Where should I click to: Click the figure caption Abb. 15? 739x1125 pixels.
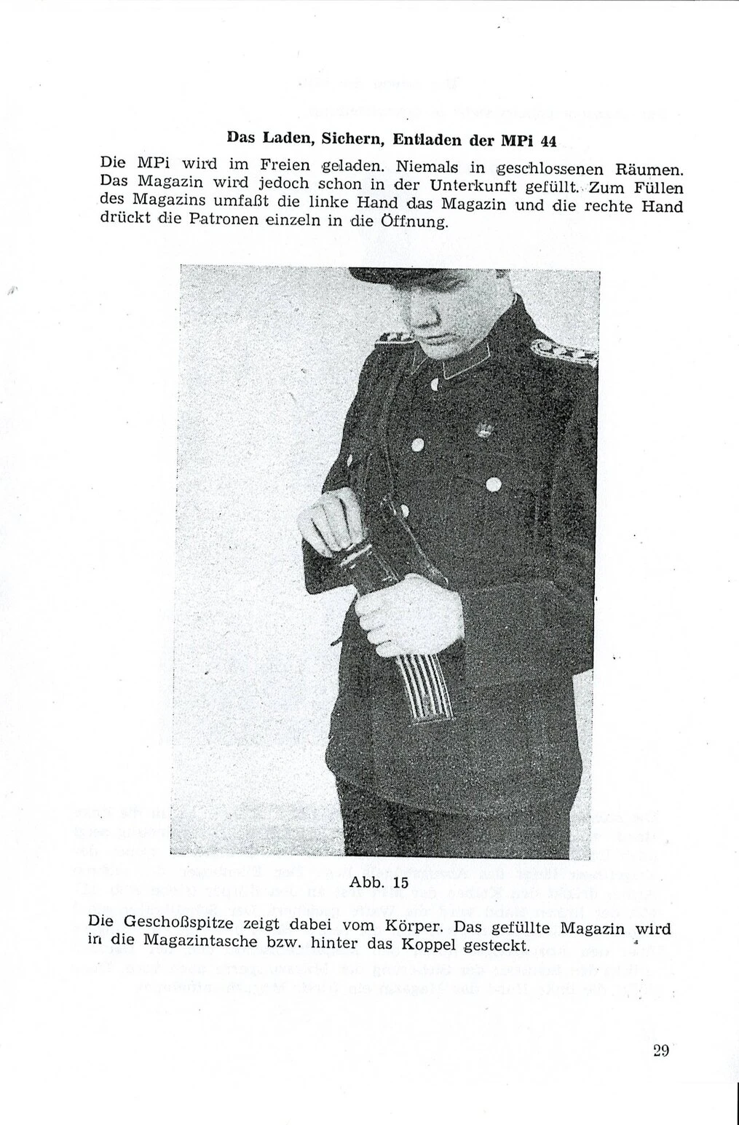(379, 882)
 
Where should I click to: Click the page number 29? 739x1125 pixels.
(660, 1050)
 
